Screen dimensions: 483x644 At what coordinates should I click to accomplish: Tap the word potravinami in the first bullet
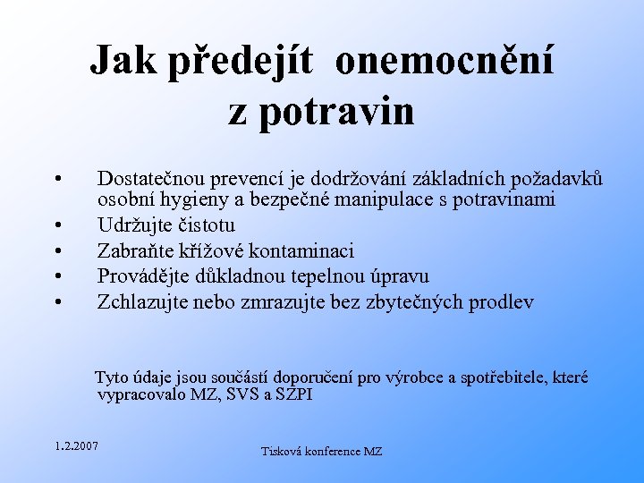tap(504, 199)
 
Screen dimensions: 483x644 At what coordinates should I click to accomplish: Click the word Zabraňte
tap(135, 250)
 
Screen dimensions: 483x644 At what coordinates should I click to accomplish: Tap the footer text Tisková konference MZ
tap(321, 452)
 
